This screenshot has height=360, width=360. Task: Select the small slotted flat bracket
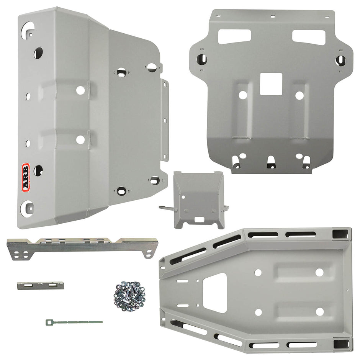[40, 286]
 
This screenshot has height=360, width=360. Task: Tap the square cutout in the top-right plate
[271, 84]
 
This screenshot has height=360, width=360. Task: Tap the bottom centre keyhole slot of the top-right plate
[271, 161]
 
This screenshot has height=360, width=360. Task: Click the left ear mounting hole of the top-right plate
[202, 59]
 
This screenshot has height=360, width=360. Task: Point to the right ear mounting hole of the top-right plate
[340, 60]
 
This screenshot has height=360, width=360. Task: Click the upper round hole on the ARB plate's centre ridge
[80, 90]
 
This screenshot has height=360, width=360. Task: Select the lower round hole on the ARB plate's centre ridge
[80, 140]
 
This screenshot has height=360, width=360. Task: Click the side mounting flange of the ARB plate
[165, 119]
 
